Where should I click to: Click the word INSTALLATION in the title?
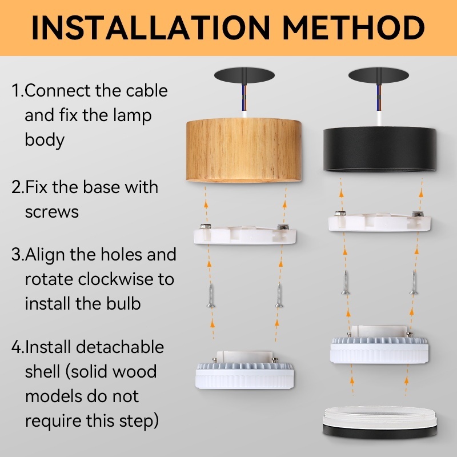click(x=151, y=27)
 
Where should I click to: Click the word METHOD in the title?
click(x=354, y=27)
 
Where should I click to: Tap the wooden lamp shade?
click(x=244, y=150)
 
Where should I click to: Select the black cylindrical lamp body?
click(x=380, y=149)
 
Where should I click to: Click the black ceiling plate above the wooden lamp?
click(x=244, y=75)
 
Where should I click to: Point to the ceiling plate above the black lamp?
click(x=379, y=75)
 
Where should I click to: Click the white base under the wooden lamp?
click(x=245, y=234)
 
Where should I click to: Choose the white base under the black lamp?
click(x=379, y=222)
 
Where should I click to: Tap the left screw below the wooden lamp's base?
click(x=211, y=295)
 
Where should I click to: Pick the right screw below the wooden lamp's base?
click(x=279, y=295)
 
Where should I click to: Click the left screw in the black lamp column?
click(x=346, y=282)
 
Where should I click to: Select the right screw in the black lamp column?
click(x=414, y=282)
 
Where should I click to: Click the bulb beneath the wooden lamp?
click(x=244, y=370)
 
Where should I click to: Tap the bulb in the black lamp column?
click(x=379, y=345)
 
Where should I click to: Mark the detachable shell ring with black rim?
click(x=380, y=422)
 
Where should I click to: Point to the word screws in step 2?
click(x=52, y=212)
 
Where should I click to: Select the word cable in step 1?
click(x=147, y=91)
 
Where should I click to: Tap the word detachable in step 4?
click(x=120, y=347)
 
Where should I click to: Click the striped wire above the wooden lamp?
click(x=244, y=98)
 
